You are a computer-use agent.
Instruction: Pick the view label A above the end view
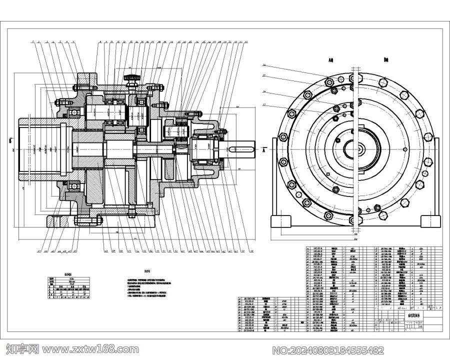[331, 60]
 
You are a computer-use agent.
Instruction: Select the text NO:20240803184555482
[327, 349]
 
